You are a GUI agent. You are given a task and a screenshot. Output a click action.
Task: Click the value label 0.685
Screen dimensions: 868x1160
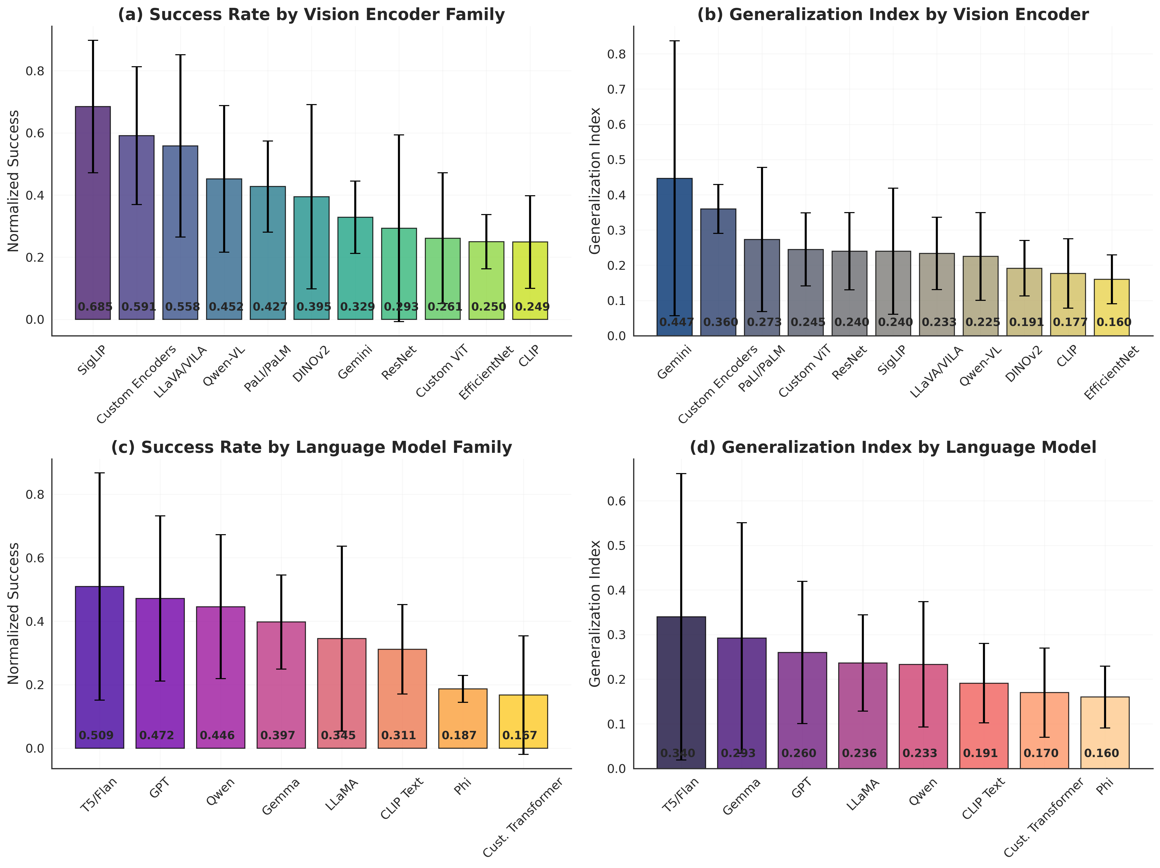[x=95, y=307]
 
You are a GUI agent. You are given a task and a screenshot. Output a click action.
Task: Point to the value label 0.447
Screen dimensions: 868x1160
[x=677, y=322]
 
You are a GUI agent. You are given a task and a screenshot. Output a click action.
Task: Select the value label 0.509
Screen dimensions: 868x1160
[x=96, y=736]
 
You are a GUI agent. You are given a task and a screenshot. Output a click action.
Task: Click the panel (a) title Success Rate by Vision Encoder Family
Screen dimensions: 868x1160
[x=312, y=15]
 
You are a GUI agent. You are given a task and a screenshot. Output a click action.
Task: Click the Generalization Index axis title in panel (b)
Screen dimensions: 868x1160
[x=595, y=181]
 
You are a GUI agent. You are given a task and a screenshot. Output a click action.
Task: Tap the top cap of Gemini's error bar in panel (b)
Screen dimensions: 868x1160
[x=674, y=41]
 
